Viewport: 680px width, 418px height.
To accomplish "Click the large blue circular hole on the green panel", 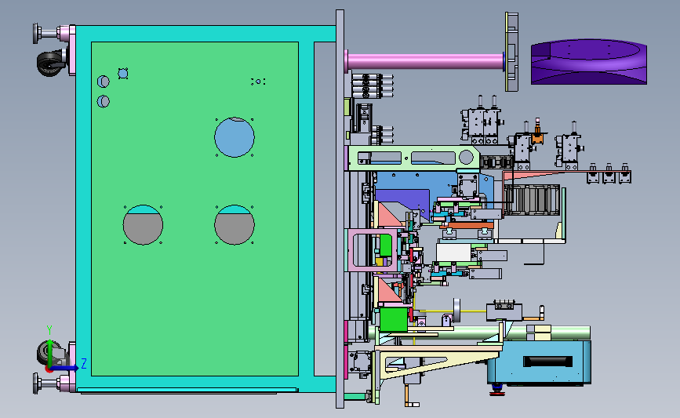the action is coord(235,137).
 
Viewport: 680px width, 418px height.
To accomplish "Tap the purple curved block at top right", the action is coord(589,62).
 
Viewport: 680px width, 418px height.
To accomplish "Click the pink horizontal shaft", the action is coord(425,61).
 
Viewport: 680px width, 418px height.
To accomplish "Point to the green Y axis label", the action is coord(49,330).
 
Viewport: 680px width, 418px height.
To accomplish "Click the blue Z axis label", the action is coord(84,363).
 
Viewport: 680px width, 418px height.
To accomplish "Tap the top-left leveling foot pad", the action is coord(35,34).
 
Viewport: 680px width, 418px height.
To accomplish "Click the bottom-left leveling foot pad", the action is coord(35,383).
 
